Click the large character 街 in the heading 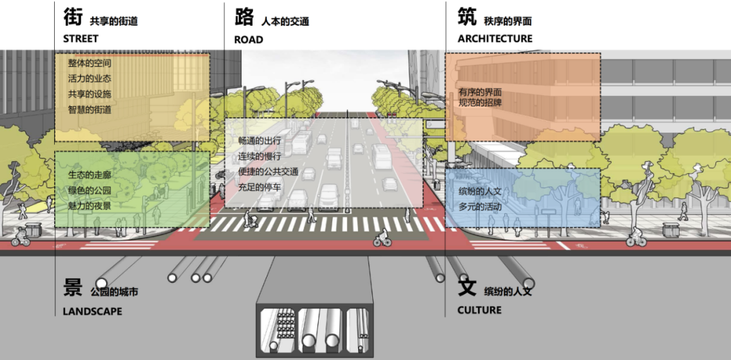click(73, 18)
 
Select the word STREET click(81, 39)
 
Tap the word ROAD click(248, 39)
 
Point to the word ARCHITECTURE click(495, 39)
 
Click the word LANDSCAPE click(93, 311)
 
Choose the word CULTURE click(480, 310)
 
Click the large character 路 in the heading click(244, 18)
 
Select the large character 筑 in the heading click(468, 18)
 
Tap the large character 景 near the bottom click(73, 287)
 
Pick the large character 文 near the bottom click(468, 287)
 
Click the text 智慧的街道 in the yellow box click(89, 109)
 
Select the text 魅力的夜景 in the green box click(89, 206)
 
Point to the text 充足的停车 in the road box click(259, 186)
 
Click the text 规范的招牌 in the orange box click(480, 103)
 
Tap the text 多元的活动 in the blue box click(480, 206)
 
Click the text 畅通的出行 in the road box click(259, 141)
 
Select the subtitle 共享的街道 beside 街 click(114, 22)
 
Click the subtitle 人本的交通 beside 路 click(285, 22)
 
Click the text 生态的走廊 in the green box click(89, 175)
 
